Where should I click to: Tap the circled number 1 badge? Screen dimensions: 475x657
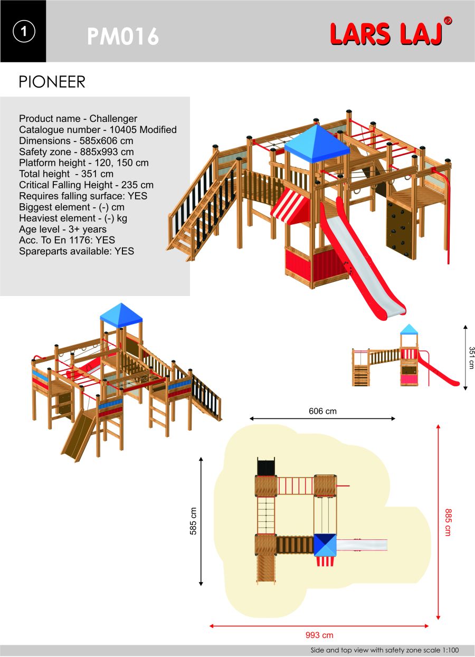24,31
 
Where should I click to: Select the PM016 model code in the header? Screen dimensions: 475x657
123,36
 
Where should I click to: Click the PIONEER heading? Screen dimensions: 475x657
52,82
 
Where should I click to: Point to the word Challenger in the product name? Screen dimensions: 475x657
113,119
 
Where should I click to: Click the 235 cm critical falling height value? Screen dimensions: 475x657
137,185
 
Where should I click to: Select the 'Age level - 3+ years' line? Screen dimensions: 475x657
63,229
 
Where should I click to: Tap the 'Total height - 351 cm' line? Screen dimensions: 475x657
66,174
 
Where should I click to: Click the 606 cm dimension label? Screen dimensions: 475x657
322,411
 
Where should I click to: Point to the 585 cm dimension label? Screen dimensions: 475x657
193,521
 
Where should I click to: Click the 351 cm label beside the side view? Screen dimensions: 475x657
471,358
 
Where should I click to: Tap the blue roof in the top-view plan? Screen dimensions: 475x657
325,545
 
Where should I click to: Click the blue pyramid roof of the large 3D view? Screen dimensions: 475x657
317,143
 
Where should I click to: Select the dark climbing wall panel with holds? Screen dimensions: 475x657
401,230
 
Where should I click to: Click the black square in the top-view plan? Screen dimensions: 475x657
266,466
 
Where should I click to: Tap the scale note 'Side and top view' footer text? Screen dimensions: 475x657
385,650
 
